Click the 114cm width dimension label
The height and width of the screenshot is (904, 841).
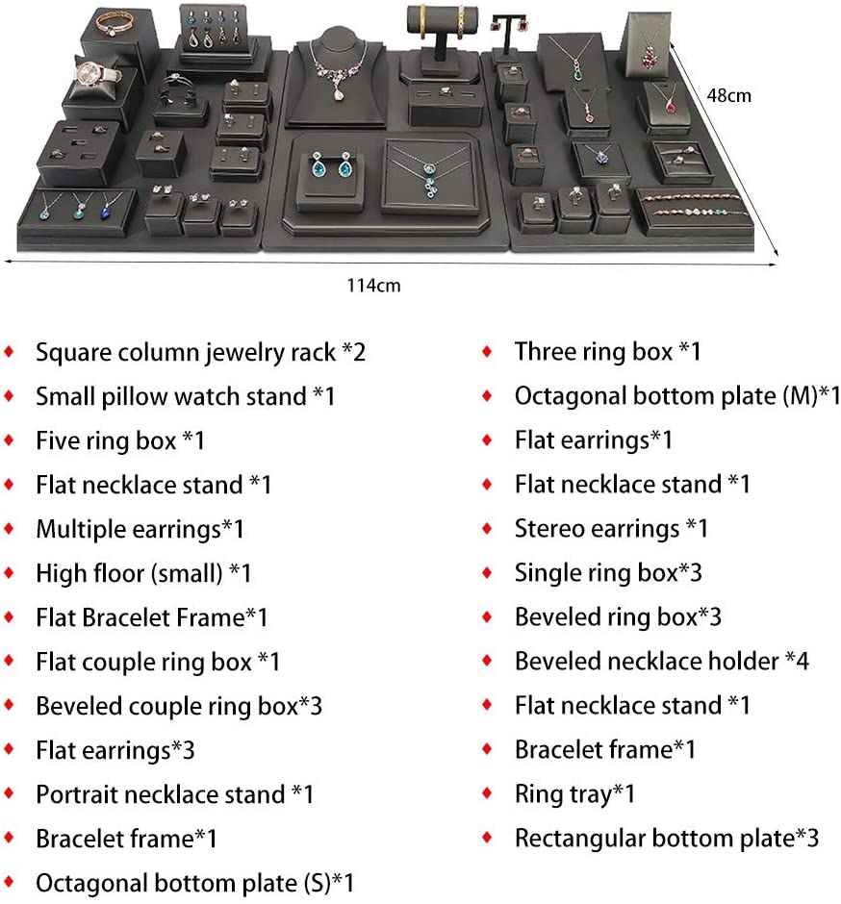(x=373, y=286)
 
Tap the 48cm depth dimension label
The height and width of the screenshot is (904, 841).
(x=729, y=95)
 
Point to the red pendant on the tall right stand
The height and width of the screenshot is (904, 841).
(x=650, y=55)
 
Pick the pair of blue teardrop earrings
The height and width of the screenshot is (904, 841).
(x=331, y=165)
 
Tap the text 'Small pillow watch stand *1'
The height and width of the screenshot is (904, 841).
(x=185, y=396)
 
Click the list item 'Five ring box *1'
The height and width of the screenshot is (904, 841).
(x=120, y=440)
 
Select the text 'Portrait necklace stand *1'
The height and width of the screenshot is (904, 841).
(x=175, y=794)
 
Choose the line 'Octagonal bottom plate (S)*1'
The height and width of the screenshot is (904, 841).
(x=195, y=883)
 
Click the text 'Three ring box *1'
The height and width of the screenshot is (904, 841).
(x=608, y=352)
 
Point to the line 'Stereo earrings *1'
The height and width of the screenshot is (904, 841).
(x=611, y=529)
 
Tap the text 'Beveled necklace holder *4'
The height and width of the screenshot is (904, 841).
(x=662, y=662)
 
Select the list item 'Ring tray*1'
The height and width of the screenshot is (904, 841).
(x=574, y=793)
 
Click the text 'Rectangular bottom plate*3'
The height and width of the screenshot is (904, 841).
(x=667, y=839)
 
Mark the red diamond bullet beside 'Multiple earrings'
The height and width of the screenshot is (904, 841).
(x=10, y=529)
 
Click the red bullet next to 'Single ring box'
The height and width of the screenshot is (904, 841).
(x=488, y=573)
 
